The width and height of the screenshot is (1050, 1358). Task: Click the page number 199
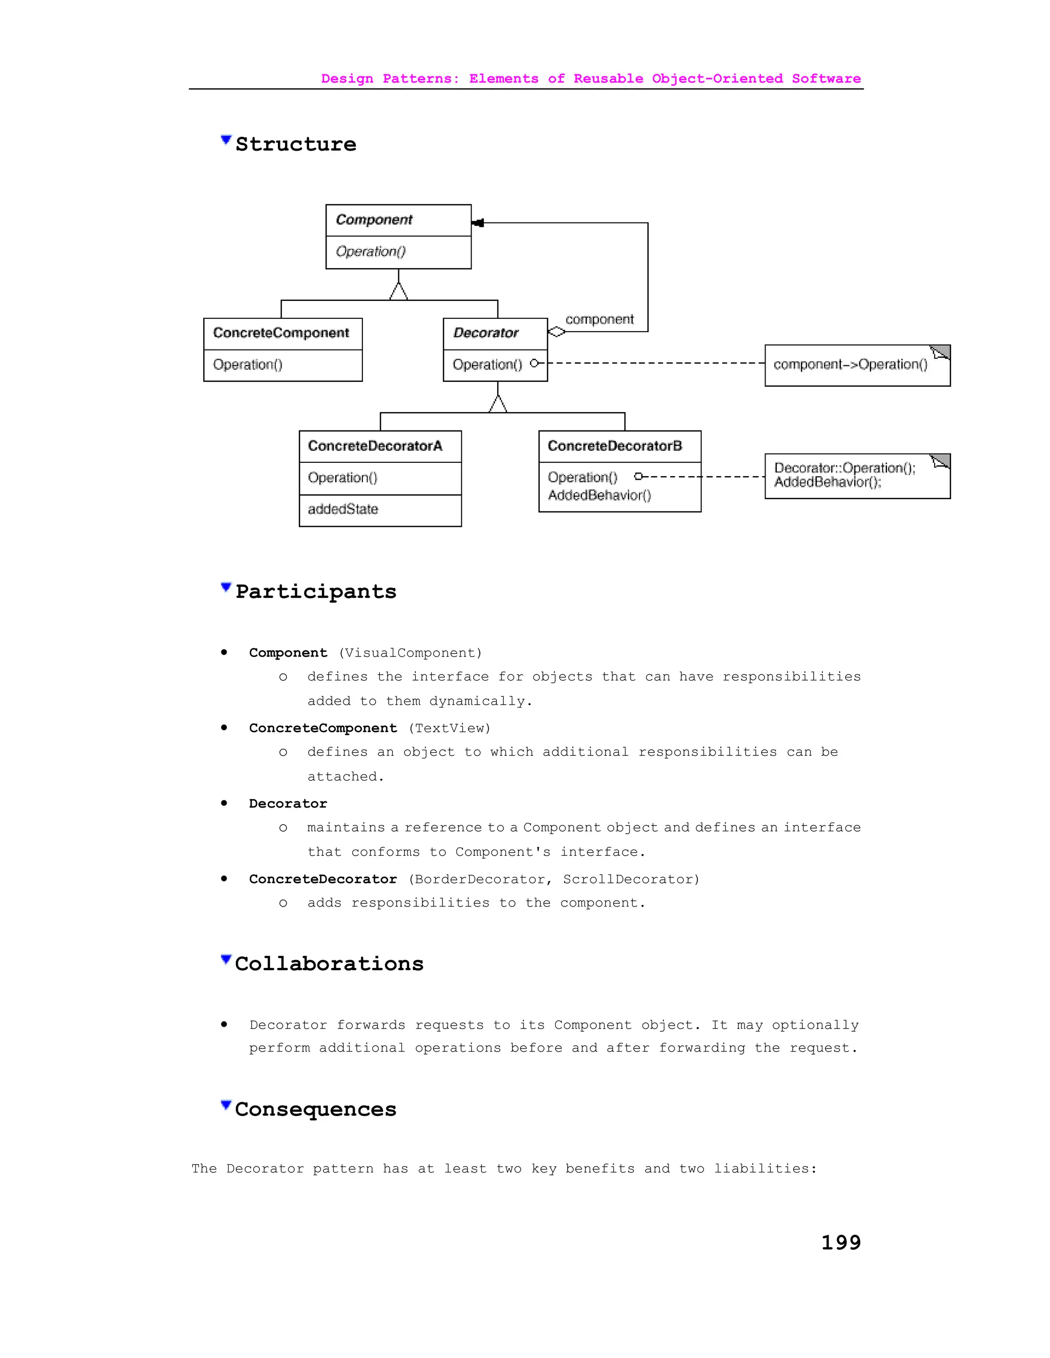[840, 1242]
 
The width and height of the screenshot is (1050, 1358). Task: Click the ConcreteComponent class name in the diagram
[281, 333]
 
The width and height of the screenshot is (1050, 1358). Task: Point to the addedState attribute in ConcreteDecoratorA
[343, 509]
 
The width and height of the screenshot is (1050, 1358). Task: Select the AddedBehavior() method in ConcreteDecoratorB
[599, 496]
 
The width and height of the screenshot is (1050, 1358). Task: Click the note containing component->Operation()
[857, 365]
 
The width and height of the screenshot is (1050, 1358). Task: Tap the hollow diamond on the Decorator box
[556, 332]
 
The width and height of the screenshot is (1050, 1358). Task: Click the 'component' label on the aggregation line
[599, 320]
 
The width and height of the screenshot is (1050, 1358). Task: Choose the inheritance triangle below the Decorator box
[498, 404]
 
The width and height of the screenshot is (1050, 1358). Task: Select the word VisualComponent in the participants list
[410, 653]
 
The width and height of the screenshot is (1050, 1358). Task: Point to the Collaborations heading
[329, 964]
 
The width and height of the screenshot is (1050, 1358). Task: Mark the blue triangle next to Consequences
[226, 1105]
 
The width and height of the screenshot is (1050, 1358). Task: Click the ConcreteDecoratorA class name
[375, 446]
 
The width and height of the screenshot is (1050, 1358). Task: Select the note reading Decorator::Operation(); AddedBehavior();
[857, 476]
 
